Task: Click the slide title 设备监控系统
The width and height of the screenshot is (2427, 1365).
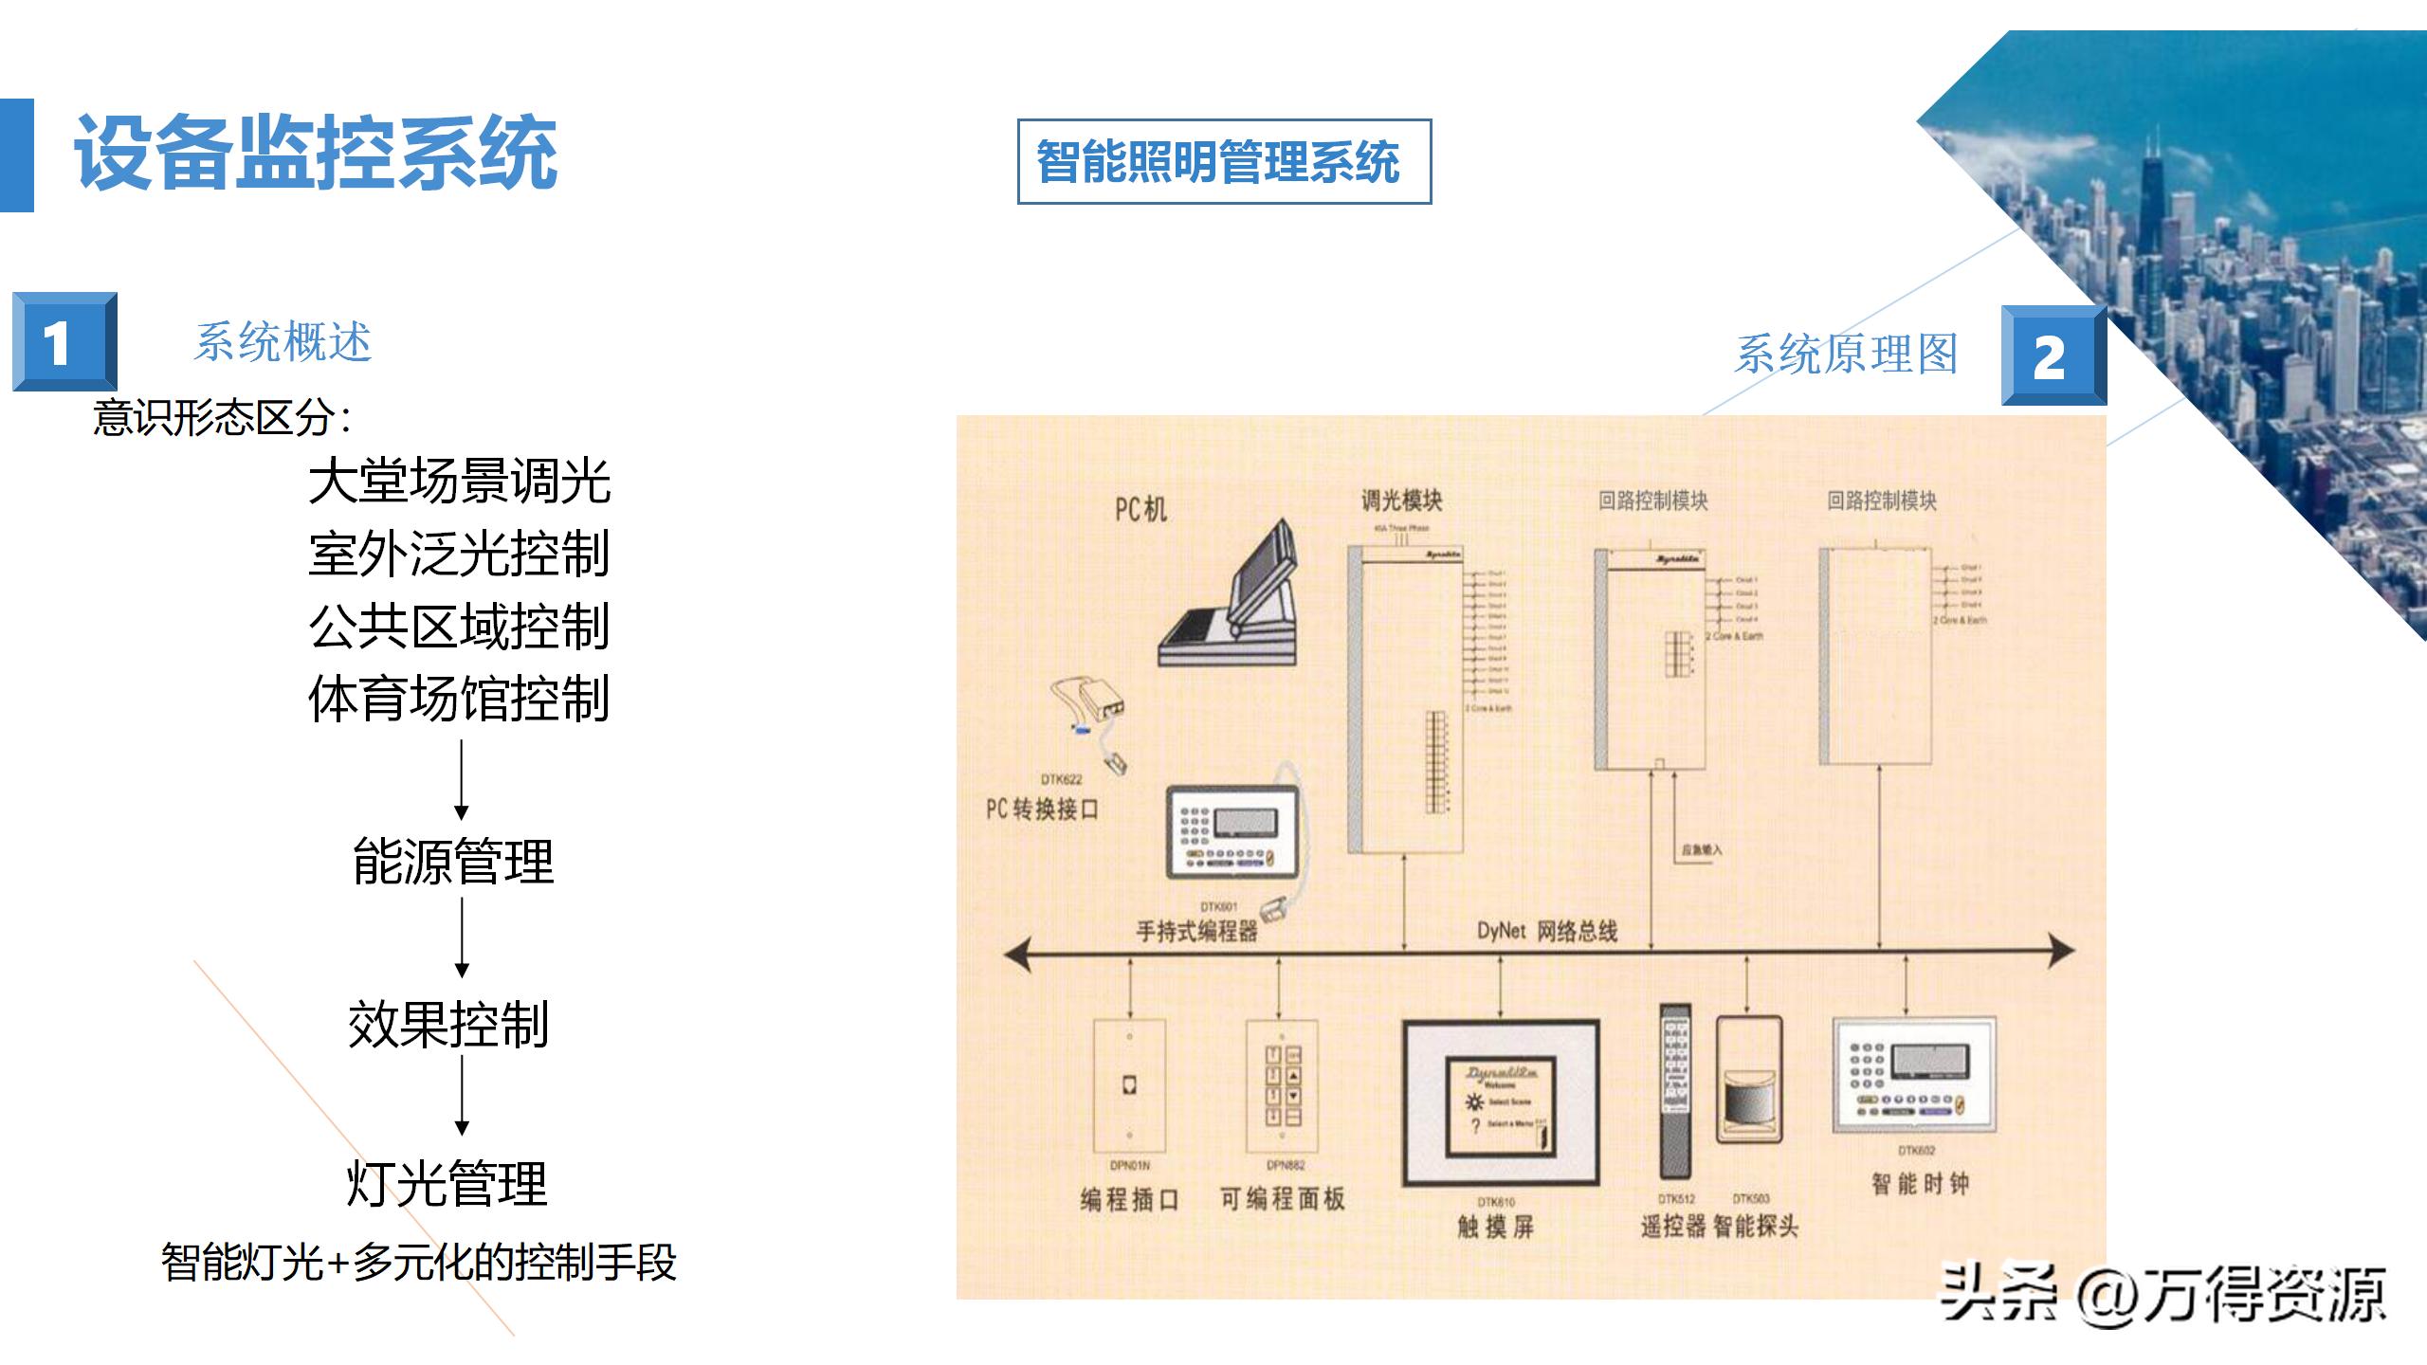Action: [316, 154]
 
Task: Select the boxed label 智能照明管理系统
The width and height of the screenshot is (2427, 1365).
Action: [1223, 161]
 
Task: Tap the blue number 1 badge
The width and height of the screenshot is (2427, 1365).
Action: [64, 341]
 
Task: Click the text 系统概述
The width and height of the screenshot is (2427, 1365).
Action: [283, 342]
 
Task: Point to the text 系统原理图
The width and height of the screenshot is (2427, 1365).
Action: [1846, 354]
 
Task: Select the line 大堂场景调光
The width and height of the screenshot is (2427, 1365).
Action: [460, 481]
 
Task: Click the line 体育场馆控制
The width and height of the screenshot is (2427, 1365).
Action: [460, 699]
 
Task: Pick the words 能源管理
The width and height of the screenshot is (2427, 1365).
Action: [453, 861]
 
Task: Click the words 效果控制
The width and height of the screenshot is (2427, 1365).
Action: [449, 1024]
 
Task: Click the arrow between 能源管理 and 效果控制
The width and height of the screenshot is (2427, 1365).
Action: [462, 937]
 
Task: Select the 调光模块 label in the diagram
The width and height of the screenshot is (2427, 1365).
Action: [1401, 500]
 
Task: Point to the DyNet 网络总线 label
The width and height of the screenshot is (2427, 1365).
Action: [1547, 931]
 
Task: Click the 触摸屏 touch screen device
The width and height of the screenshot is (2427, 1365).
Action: [1501, 1103]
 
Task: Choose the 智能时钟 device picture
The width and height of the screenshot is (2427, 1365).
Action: [1914, 1075]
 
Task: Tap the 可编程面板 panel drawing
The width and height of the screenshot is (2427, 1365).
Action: [1282, 1086]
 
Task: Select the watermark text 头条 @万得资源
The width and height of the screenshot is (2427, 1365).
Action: [2162, 1295]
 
